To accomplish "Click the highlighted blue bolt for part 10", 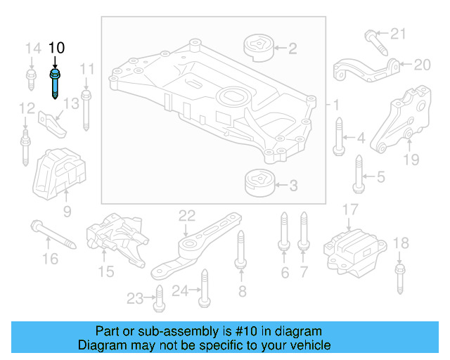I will tap(55, 84).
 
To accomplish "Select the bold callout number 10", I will tap(56, 48).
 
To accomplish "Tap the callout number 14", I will tap(32, 49).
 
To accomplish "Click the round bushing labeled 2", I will tap(257, 49).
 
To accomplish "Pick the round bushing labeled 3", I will tap(257, 185).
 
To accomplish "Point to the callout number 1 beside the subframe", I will tap(335, 105).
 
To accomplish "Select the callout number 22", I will tap(186, 215).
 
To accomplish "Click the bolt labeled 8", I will tap(240, 250).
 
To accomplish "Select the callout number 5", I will tap(380, 176).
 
